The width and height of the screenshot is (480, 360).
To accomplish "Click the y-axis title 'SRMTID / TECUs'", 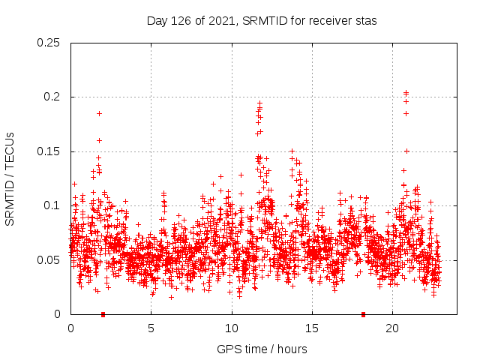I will (10, 178).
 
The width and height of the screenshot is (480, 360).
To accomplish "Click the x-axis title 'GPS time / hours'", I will (261, 349).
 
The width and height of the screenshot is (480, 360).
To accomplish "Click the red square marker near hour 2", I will (103, 314).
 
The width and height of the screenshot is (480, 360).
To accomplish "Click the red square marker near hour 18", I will (364, 314).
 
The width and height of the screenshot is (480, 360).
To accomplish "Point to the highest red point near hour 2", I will (99, 113).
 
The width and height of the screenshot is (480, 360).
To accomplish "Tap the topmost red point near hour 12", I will (260, 103).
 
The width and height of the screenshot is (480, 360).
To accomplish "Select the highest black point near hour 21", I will (406, 93).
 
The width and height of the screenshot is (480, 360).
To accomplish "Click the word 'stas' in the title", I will (365, 20).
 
